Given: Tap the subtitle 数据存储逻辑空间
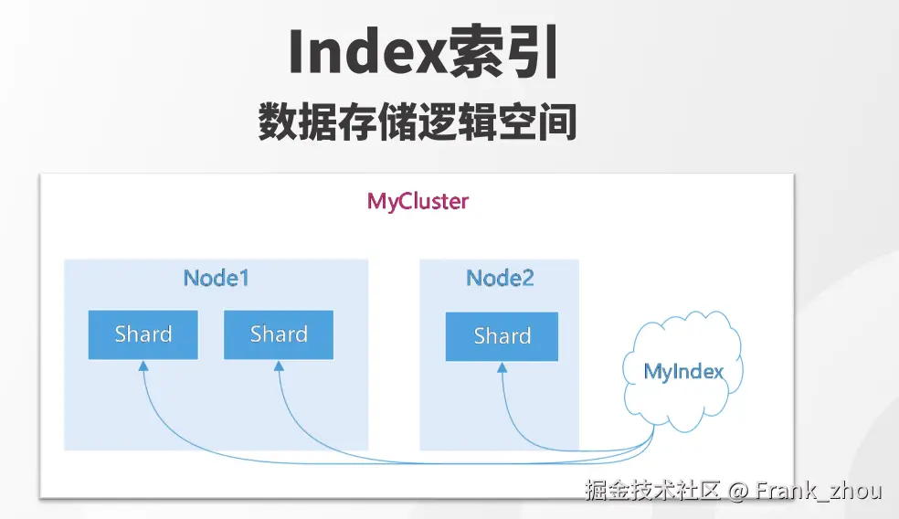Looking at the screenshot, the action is pos(418,122).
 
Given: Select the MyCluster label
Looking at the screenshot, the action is pos(418,201).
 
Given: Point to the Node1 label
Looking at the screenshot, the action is pos(217,278).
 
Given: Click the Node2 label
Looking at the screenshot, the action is pos(500,278).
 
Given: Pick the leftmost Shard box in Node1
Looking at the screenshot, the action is pos(143,335).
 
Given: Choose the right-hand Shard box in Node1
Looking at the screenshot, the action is pos(279,335).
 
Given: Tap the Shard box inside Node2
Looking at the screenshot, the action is pos(502,336).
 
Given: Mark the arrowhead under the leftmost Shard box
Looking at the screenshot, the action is pos(143,365).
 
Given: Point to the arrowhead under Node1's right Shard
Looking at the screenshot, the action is pos(279,365).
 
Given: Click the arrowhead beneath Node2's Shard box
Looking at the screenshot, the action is pos(502,367).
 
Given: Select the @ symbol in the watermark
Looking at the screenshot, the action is pos(738,492).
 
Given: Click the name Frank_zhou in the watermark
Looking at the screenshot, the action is pos(819,492).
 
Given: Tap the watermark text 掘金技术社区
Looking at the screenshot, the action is pos(652,491).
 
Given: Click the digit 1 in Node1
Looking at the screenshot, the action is pos(244,278).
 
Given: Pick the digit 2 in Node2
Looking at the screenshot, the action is pos(527,278).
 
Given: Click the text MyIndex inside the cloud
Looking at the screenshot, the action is pos(683,372).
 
